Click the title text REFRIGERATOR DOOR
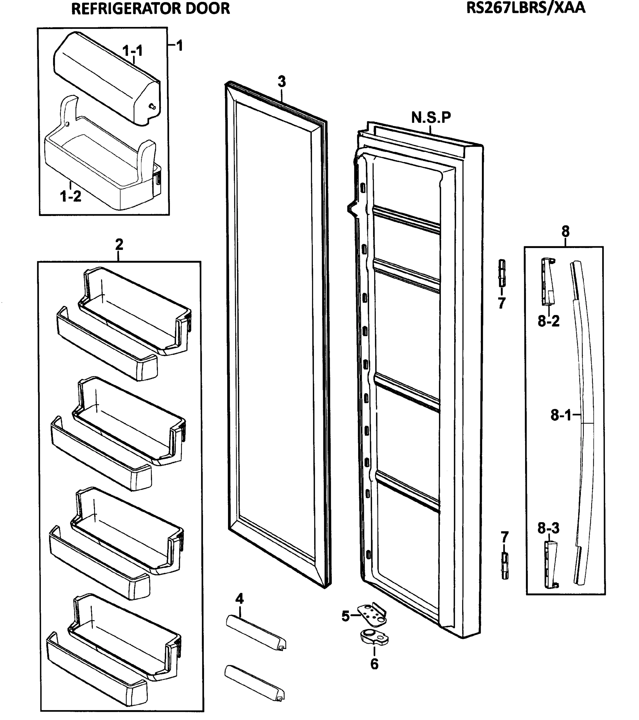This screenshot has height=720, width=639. [x=150, y=8]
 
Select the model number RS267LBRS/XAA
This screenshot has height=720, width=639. [x=526, y=8]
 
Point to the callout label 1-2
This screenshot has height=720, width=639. [x=70, y=196]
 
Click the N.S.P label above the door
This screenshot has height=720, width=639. [x=431, y=117]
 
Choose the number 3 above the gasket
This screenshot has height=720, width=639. [x=281, y=82]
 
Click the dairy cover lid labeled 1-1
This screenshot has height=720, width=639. [x=106, y=77]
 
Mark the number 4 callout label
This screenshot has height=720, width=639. [x=239, y=598]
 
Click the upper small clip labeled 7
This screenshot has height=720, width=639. [x=502, y=273]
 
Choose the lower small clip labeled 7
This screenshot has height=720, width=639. [x=505, y=566]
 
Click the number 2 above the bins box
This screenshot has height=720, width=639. [x=119, y=244]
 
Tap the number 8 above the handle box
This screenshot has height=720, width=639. [x=565, y=231]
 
